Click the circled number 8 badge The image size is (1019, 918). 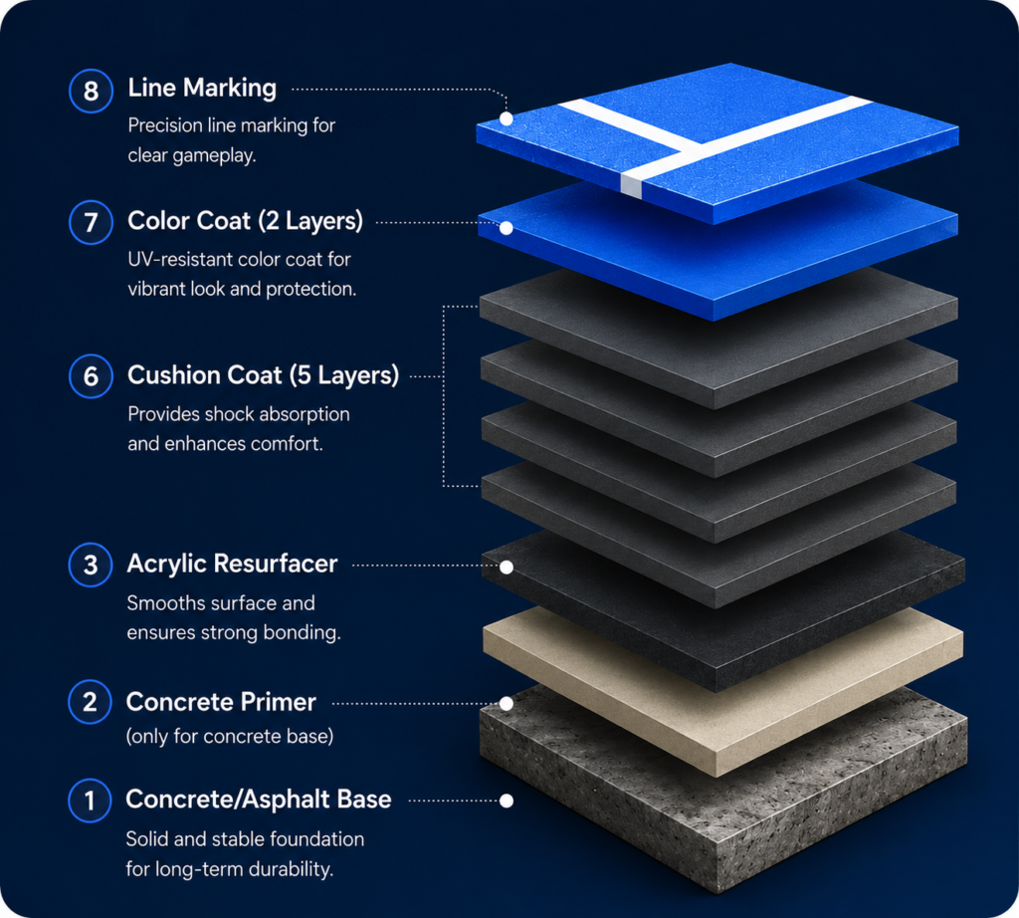(91, 91)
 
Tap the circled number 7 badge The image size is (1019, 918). (91, 222)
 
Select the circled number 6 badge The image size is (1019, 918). (91, 376)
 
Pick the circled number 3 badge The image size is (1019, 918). (91, 565)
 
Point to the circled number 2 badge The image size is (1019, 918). (91, 702)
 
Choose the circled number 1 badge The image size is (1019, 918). (90, 801)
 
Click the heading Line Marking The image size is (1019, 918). (202, 88)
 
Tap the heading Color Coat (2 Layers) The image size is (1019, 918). (245, 221)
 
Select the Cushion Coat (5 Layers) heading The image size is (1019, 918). (263, 375)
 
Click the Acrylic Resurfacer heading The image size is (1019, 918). (232, 564)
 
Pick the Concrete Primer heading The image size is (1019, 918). (221, 702)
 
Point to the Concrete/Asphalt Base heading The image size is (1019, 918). (259, 800)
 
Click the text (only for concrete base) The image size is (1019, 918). (230, 736)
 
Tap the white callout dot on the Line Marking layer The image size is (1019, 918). (507, 118)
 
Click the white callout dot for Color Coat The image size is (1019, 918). (507, 228)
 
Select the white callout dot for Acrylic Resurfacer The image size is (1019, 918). (507, 567)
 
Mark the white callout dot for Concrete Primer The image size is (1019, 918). (507, 704)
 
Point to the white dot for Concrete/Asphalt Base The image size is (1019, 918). (507, 801)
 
